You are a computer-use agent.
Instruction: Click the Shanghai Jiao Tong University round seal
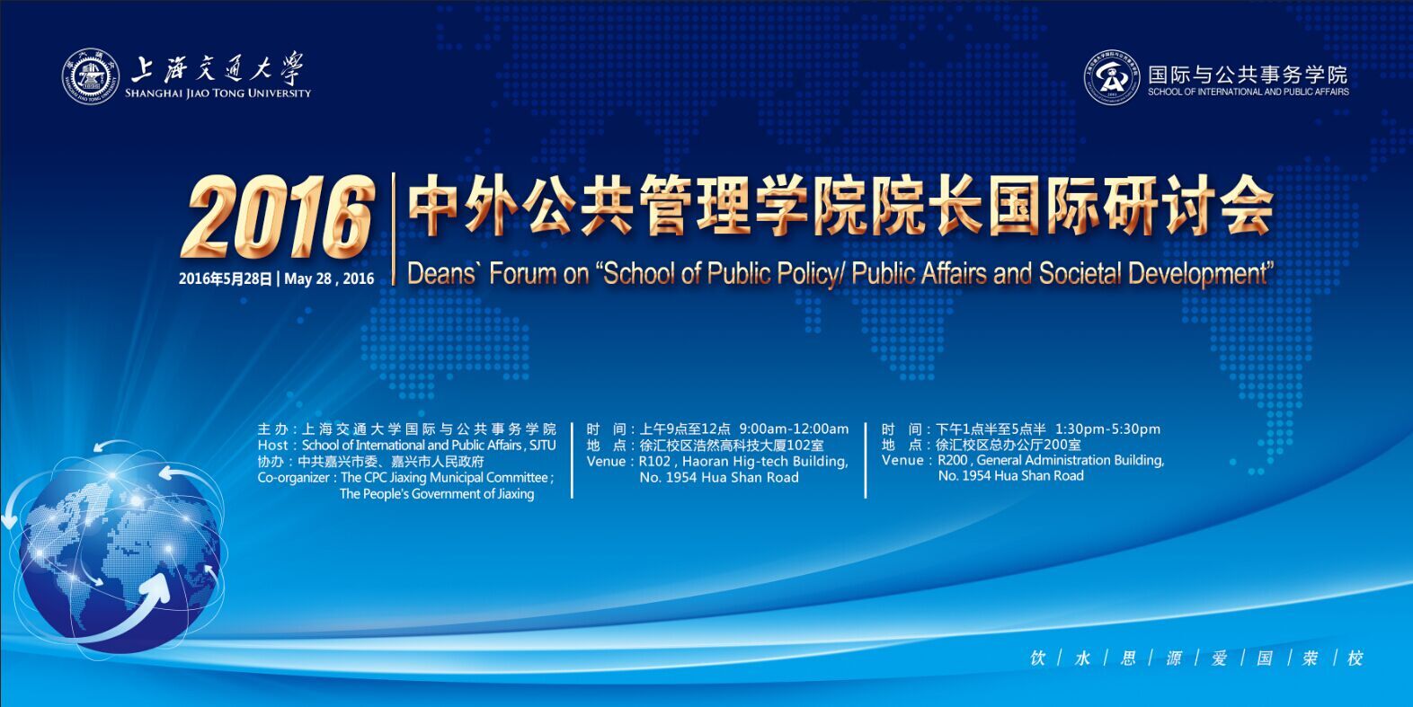tap(90, 76)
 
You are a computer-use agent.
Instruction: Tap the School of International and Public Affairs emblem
tap(1112, 77)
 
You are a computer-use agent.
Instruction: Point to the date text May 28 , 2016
tap(329, 278)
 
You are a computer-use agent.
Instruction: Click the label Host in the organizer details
tap(272, 446)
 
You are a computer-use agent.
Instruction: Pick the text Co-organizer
tap(293, 478)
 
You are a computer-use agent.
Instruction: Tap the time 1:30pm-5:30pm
tap(1107, 429)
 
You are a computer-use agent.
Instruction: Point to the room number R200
tap(953, 460)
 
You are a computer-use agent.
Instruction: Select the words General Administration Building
tap(1071, 460)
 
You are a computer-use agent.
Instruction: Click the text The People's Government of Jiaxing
tap(437, 494)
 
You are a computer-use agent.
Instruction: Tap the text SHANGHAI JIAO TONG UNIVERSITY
tap(218, 93)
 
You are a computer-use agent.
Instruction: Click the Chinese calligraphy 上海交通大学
tap(218, 68)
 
